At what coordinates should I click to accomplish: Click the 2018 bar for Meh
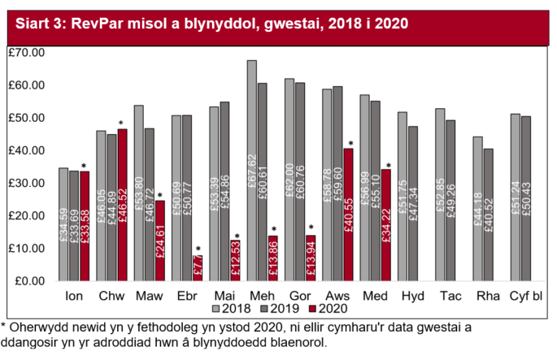pyautogui.click(x=251, y=171)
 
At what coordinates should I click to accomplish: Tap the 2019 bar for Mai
pyautogui.click(x=225, y=191)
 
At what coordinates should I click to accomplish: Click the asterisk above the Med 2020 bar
pyautogui.click(x=389, y=165)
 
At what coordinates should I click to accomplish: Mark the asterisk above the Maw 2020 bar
pyautogui.click(x=160, y=196)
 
